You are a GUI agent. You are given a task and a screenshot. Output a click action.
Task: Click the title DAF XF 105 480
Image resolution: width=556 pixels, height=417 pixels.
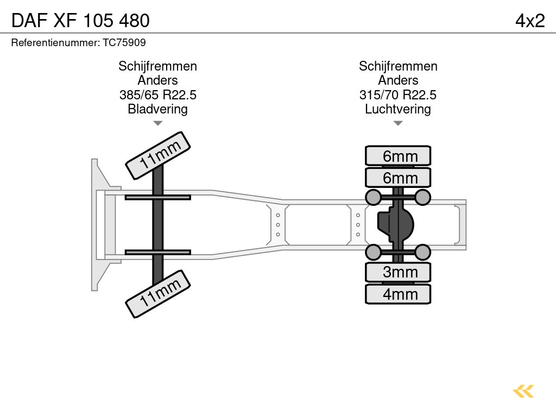pos(80,20)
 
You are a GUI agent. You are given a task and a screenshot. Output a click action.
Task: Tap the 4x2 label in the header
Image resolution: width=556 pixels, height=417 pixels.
pos(530,20)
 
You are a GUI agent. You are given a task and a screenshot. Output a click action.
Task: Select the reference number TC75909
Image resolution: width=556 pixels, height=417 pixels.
pos(124,42)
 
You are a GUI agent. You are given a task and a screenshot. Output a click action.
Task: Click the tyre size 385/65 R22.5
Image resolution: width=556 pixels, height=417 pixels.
pos(157,95)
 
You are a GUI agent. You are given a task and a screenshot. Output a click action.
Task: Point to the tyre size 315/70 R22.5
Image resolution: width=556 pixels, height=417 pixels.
pos(398,95)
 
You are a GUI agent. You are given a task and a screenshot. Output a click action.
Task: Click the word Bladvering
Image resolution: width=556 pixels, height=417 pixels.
pos(157,109)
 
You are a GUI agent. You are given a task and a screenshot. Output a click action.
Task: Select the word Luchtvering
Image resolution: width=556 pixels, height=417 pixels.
pos(398,109)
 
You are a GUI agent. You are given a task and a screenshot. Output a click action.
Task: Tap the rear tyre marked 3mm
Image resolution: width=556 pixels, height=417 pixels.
pos(398,272)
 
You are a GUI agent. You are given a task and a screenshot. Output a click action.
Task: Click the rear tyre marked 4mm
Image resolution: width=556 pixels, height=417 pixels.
pos(398,294)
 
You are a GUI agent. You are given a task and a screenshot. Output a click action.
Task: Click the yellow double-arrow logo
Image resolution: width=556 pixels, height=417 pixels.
pos(523,391)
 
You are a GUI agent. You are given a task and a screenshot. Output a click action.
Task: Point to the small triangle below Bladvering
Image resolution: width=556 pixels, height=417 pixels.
pos(157,123)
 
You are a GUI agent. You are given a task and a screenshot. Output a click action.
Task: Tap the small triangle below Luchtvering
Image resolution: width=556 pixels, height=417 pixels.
pos(398,123)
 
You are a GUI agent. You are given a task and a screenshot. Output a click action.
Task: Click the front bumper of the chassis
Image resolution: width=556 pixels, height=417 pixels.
pos(97,225)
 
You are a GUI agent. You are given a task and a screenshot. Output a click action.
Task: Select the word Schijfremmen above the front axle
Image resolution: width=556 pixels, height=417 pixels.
pos(157,66)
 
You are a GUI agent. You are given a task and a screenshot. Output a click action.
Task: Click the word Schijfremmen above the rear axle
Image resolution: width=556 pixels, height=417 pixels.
pos(398,66)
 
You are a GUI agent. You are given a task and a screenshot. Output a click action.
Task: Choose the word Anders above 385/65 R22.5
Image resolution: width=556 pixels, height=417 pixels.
pos(157,80)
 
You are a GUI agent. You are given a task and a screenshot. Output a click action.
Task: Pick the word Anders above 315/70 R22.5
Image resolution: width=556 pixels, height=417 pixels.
pos(398,80)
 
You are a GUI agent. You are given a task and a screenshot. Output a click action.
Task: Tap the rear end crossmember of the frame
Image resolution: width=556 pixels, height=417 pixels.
pos(462,225)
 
